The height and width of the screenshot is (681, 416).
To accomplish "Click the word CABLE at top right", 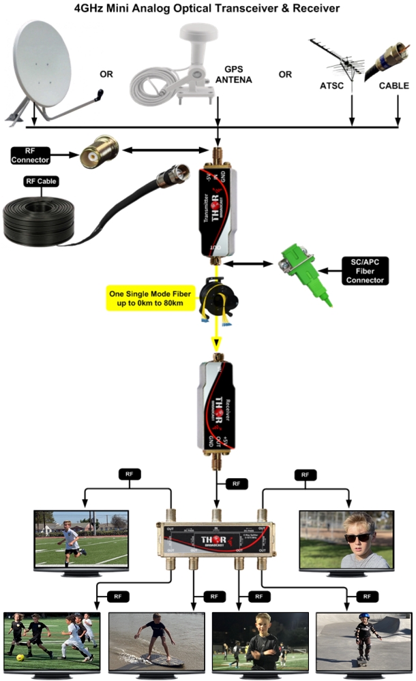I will pos(394,86).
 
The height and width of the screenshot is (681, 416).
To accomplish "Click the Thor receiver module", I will pos(218,405).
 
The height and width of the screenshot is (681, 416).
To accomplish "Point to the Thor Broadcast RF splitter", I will pos(217,539).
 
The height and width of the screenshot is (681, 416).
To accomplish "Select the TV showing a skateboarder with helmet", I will pos(363,640).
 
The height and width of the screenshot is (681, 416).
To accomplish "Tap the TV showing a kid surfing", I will pos(156,640).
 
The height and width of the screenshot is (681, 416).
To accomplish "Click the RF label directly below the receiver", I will pos(236,484).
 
